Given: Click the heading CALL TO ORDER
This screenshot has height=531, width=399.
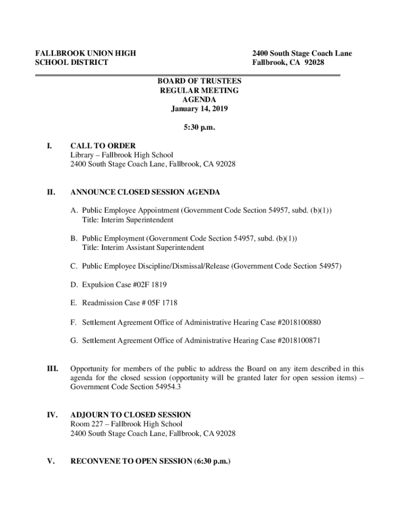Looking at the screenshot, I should click(103, 146).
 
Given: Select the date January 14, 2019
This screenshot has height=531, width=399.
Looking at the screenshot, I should click(199, 109).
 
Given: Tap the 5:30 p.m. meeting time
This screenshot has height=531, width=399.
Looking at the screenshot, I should click(199, 127).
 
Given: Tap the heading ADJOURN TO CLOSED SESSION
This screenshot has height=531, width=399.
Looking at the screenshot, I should click(131, 415).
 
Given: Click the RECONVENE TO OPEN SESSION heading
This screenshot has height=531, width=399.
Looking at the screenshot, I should click(150, 461).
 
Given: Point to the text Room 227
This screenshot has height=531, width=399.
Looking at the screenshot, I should click(87, 424).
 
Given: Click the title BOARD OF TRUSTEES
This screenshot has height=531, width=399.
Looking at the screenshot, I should click(199, 81).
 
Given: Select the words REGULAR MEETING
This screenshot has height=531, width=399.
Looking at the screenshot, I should click(199, 91).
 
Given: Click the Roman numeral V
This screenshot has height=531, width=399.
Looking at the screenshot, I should click(51, 461).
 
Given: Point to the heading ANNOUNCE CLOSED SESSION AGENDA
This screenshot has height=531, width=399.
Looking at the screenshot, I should click(145, 192).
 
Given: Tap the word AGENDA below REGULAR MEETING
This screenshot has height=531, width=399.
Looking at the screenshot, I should click(199, 100).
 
